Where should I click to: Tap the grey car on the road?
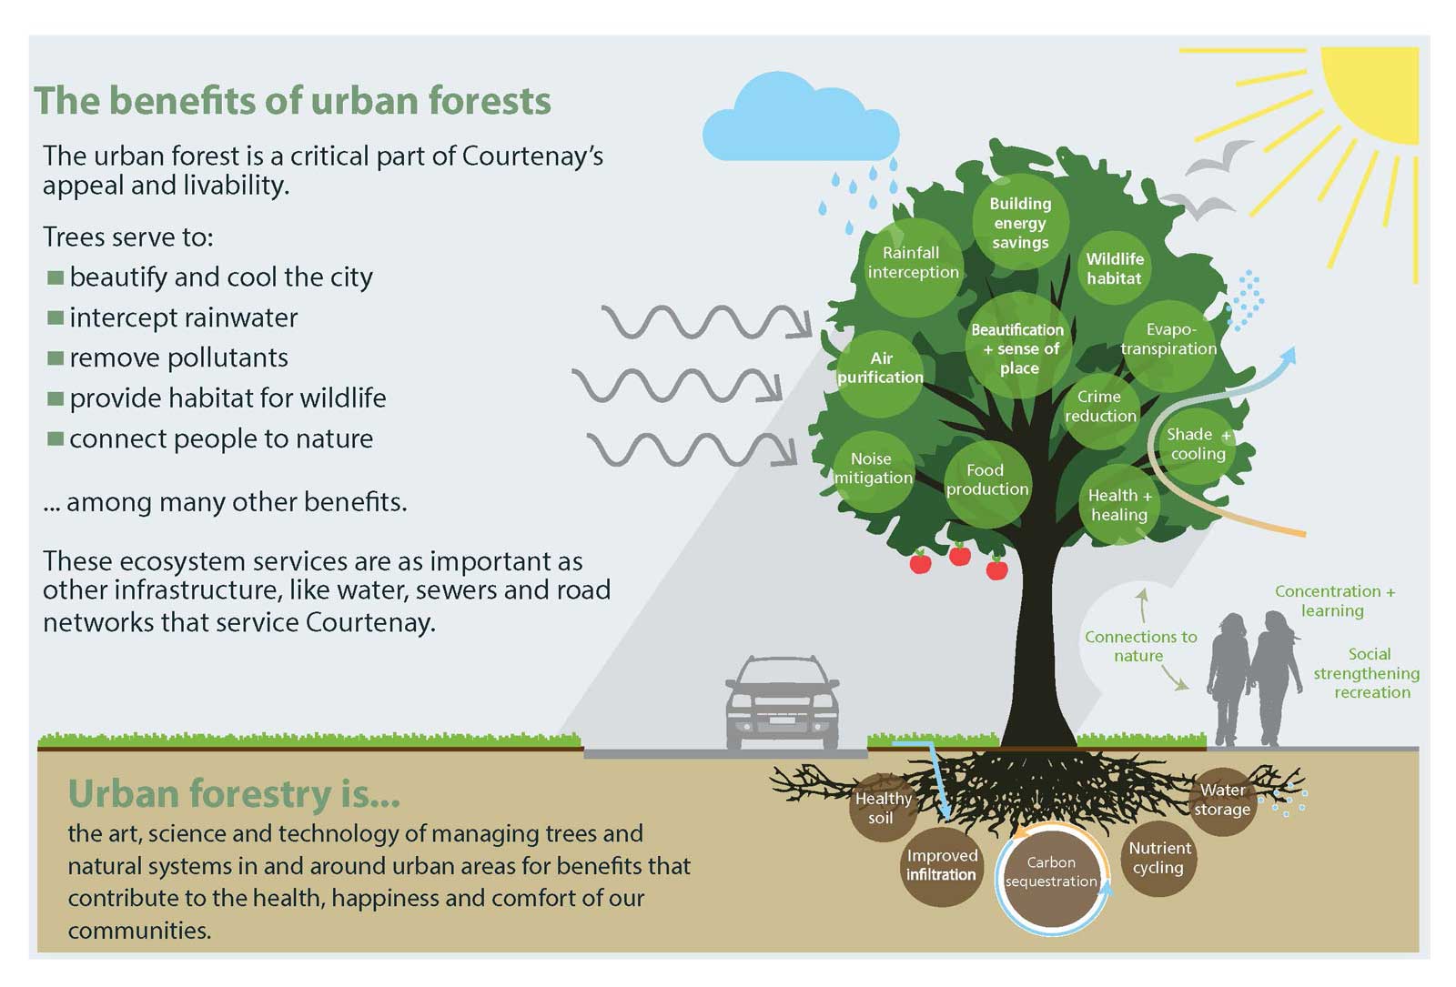pyautogui.click(x=783, y=704)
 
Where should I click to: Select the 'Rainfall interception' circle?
pyautogui.click(x=914, y=267)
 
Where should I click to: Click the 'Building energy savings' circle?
pyautogui.click(x=1020, y=222)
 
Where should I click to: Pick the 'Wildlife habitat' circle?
pyautogui.click(x=1115, y=267)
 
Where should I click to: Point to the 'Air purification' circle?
pyautogui.click(x=880, y=374)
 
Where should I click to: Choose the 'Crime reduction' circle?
pyautogui.click(x=1100, y=410)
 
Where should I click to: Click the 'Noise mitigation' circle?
pyautogui.click(x=874, y=472)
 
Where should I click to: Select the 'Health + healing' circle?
pyautogui.click(x=1119, y=505)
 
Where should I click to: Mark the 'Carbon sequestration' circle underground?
pyautogui.click(x=1051, y=879)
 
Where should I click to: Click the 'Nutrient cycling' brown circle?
pyautogui.click(x=1159, y=859)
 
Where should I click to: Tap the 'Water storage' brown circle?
pyautogui.click(x=1223, y=801)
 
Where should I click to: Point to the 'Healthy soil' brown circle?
pyautogui.click(x=883, y=808)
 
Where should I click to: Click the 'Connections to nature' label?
pyautogui.click(x=1140, y=646)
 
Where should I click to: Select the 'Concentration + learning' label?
pyautogui.click(x=1334, y=600)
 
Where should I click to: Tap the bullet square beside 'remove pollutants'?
pyautogui.click(x=56, y=358)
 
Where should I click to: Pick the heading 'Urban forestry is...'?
pyautogui.click(x=233, y=793)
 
